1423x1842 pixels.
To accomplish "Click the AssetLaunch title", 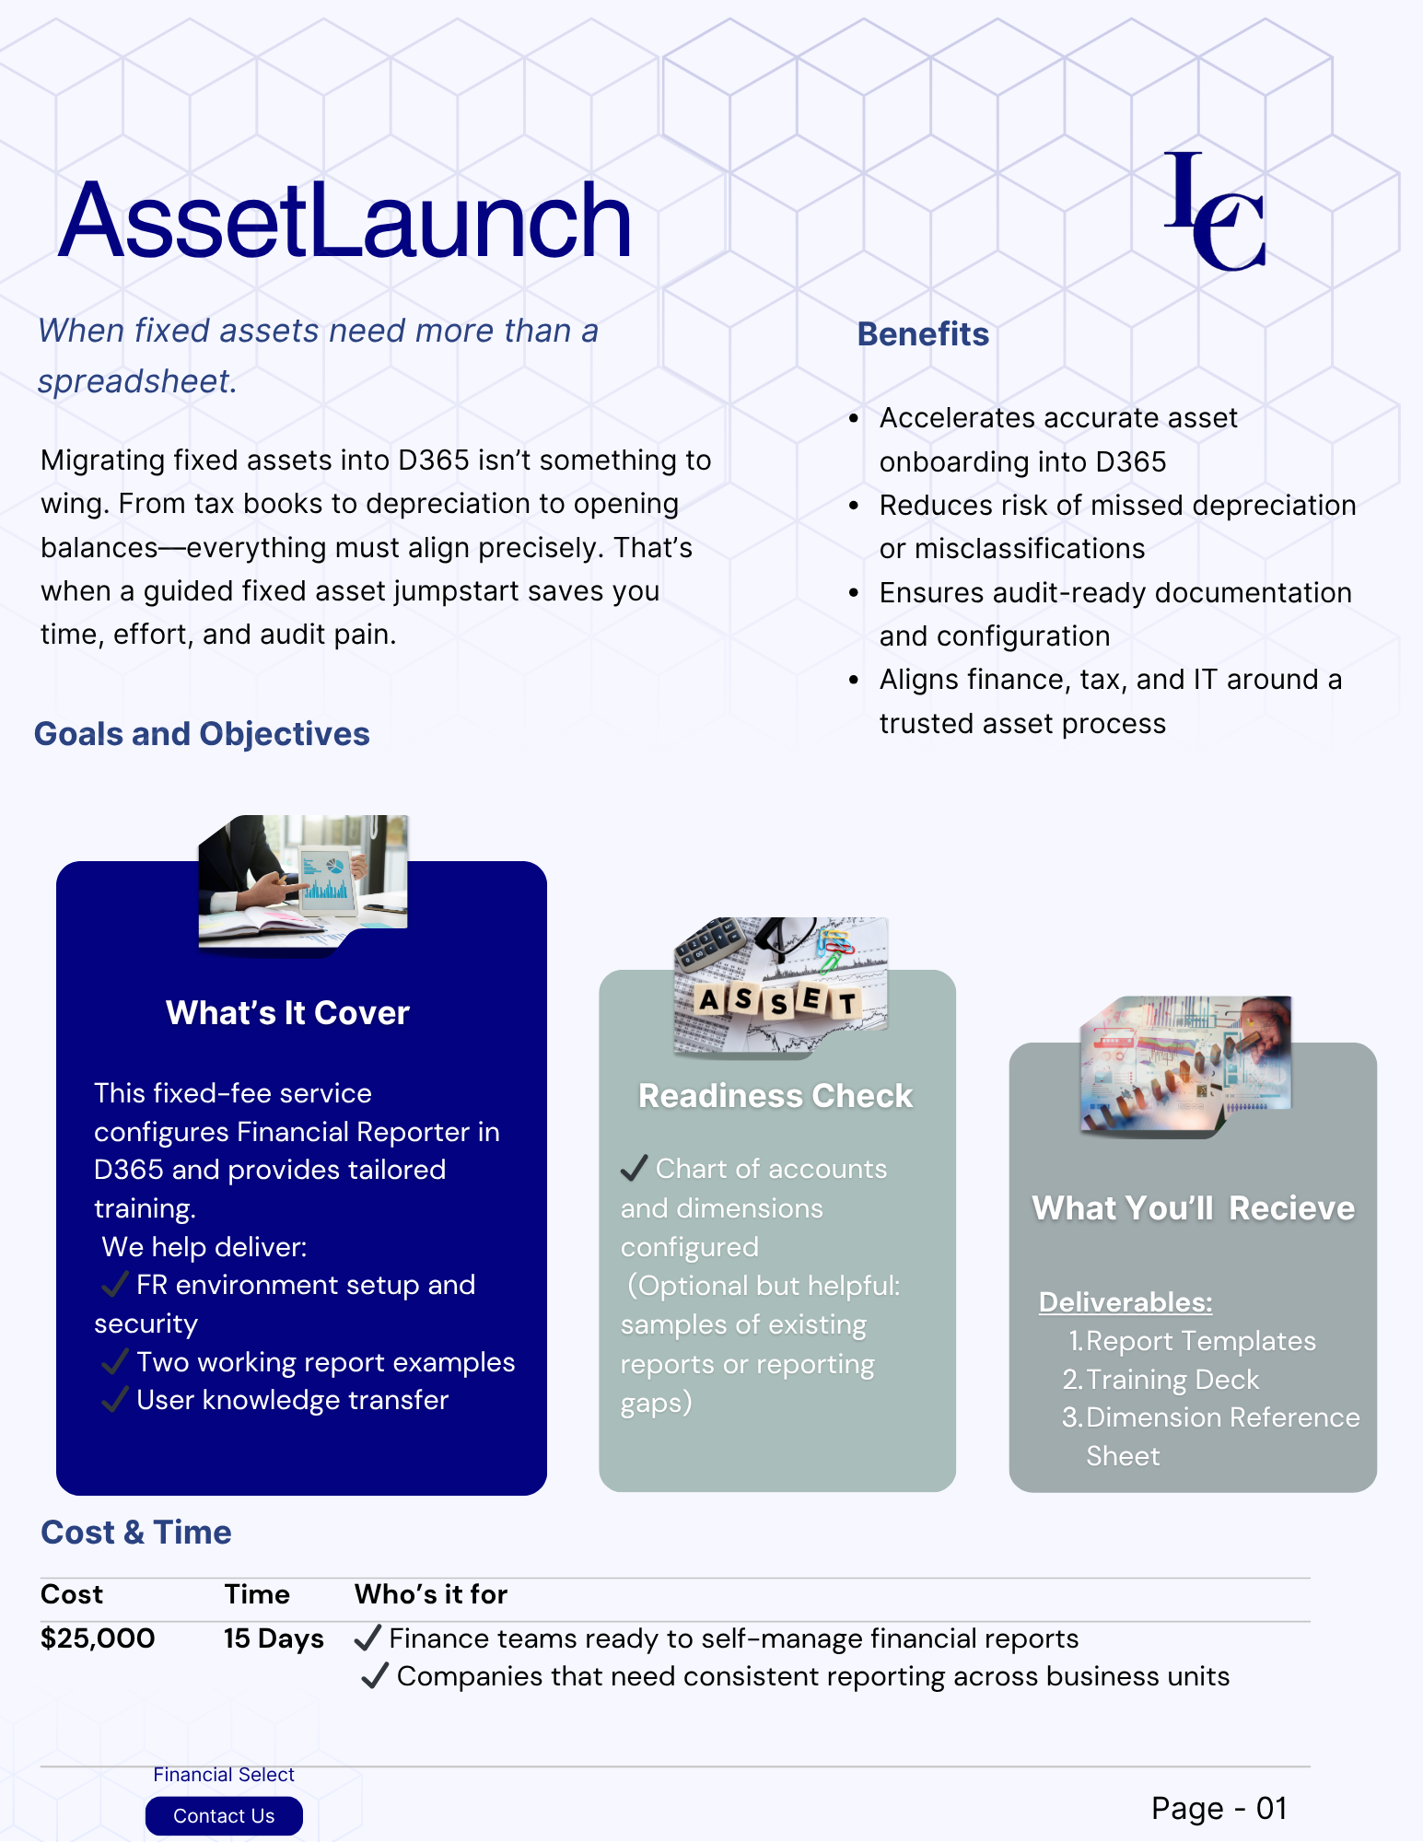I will point(344,221).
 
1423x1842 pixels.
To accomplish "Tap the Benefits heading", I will point(923,334).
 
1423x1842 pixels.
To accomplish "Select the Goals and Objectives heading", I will point(202,734).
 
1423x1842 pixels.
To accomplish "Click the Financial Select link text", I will point(224,1774).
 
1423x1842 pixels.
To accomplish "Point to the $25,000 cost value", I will point(98,1638).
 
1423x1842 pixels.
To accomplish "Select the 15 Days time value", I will point(274,1638).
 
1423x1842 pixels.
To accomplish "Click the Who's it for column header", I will point(431,1594).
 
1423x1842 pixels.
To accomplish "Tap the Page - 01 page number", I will point(1219,1808).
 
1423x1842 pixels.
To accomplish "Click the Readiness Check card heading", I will point(776,1096).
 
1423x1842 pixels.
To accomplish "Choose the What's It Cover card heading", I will point(287,1013).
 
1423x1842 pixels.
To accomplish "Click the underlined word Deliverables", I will point(1126,1302).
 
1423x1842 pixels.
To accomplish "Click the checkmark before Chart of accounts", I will point(634,1169).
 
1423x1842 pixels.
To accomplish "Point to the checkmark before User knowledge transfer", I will point(114,1400).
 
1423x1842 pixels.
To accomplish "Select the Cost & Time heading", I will point(136,1533).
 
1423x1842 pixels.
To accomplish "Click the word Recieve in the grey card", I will point(1291,1208).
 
